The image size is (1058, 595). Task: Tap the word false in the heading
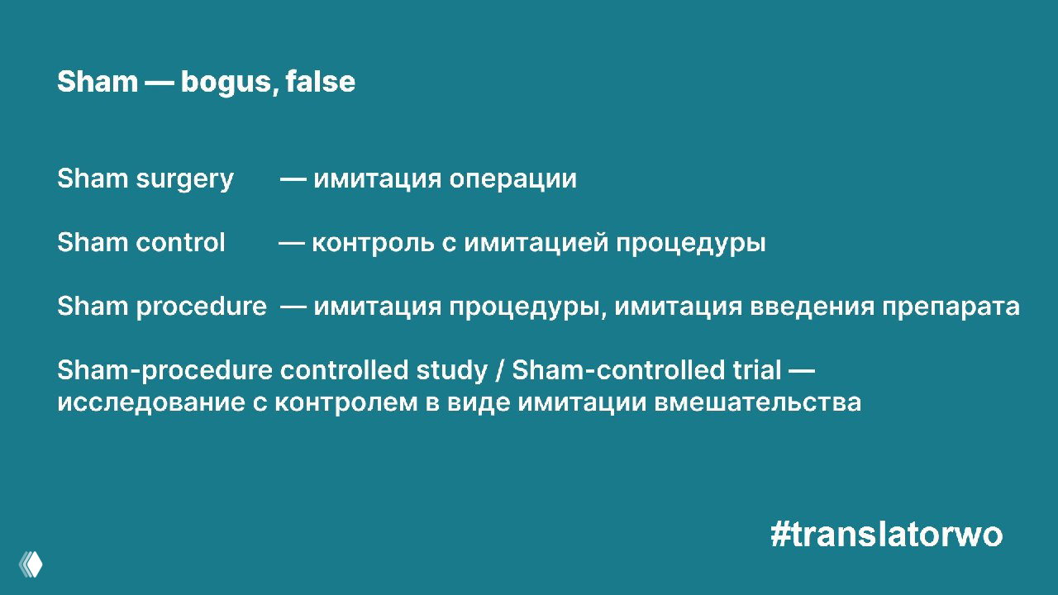pyautogui.click(x=321, y=82)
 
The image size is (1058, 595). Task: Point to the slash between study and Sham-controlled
pyautogui.click(x=500, y=371)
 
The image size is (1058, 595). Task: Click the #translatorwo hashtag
pyautogui.click(x=886, y=535)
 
